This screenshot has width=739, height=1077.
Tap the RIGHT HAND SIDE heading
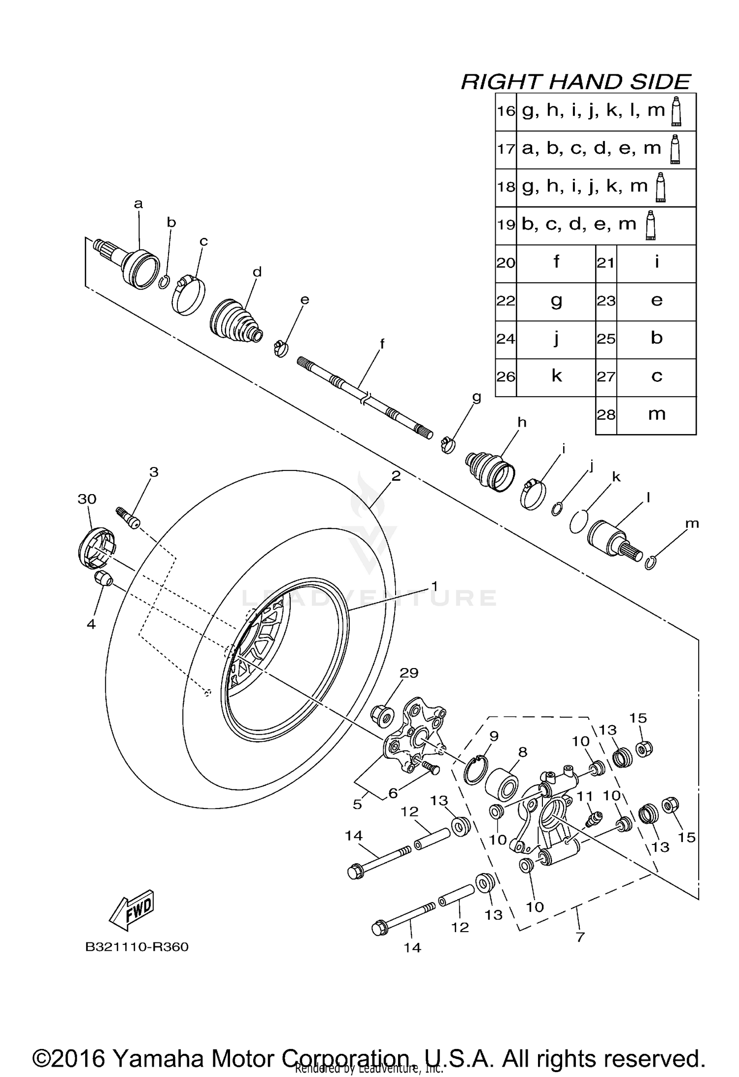[575, 82]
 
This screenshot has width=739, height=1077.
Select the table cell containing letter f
[556, 263]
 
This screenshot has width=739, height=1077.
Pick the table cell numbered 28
[606, 415]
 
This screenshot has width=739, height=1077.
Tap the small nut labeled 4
[103, 579]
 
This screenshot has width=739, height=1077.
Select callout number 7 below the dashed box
[580, 937]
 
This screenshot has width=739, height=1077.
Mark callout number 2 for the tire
[396, 476]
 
